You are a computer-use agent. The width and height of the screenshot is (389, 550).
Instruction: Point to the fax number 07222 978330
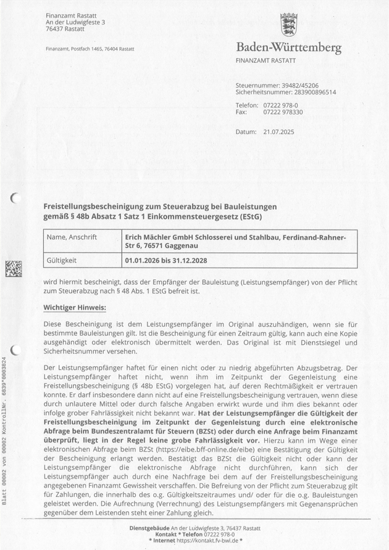click(283, 112)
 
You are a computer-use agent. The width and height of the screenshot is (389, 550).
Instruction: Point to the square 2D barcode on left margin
click(14, 269)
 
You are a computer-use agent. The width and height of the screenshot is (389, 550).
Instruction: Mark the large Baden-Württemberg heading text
click(288, 48)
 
